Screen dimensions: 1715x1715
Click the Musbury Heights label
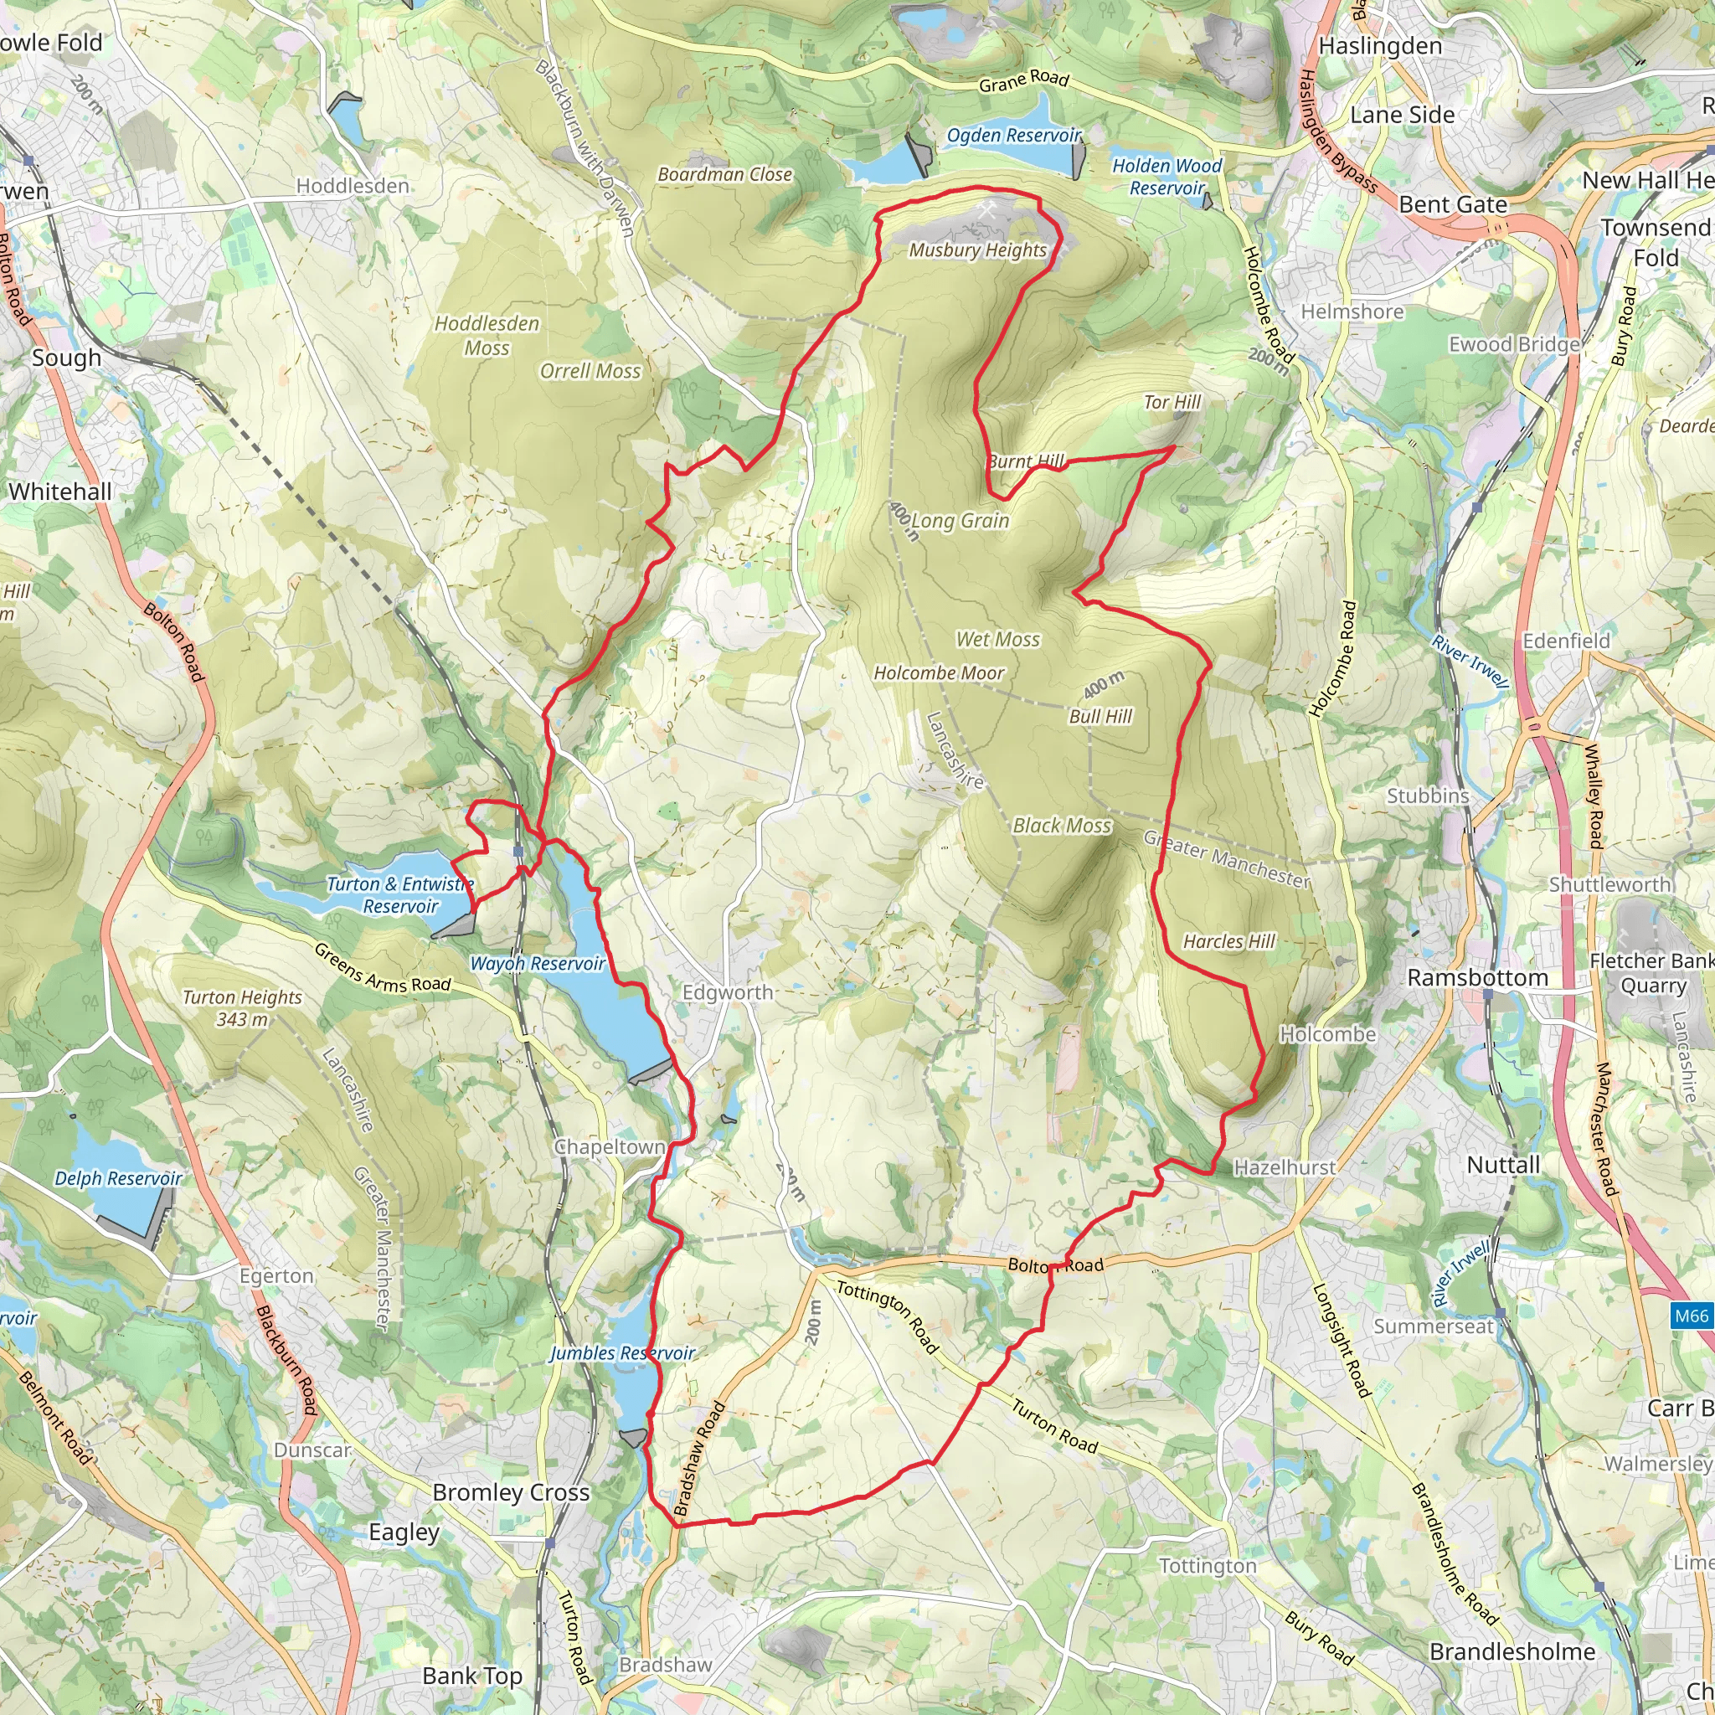(x=977, y=250)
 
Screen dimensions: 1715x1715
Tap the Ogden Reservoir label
(x=1014, y=136)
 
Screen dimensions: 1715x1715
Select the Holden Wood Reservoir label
(x=1167, y=177)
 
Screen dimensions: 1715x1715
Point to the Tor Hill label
(x=1172, y=402)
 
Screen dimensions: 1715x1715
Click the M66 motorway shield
(x=1690, y=1316)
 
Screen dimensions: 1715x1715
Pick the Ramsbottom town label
(x=1477, y=977)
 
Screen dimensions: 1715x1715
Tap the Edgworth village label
(x=727, y=992)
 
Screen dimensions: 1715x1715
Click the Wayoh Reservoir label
(x=537, y=963)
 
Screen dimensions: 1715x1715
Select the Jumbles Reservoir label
(x=621, y=1353)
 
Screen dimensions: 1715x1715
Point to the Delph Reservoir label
(x=118, y=1178)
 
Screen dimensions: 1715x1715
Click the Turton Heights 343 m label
(x=241, y=1007)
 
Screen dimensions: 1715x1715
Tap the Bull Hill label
(x=1100, y=716)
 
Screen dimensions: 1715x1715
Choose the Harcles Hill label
(x=1228, y=941)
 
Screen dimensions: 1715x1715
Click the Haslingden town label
(x=1380, y=46)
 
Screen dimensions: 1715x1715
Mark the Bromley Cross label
(x=511, y=1492)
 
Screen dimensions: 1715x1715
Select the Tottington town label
(x=1208, y=1566)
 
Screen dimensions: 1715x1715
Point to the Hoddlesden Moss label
(x=487, y=336)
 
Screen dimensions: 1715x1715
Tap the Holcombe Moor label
(x=940, y=673)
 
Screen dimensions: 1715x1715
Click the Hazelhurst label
(x=1285, y=1167)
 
